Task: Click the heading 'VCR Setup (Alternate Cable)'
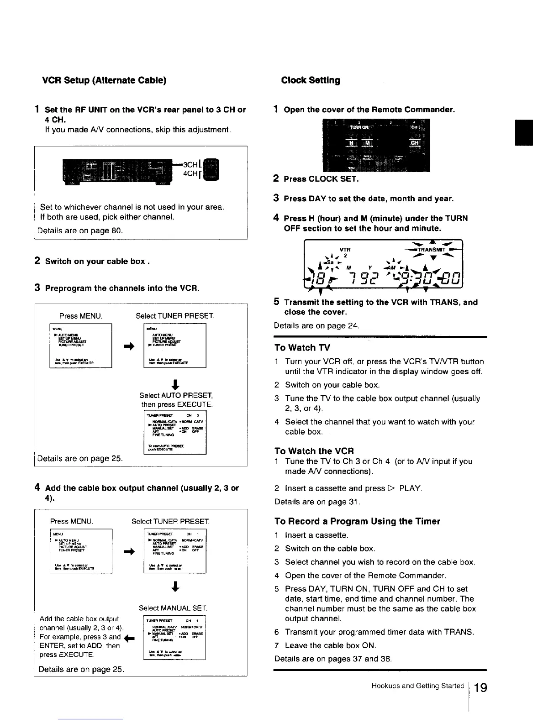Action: [x=104, y=80]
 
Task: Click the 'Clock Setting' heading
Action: [x=311, y=80]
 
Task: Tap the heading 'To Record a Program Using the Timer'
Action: [x=357, y=521]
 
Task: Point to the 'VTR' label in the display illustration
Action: [x=345, y=250]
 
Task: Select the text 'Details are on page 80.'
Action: [x=80, y=231]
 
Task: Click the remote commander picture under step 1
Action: [x=376, y=145]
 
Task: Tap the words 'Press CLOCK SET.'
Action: [x=321, y=179]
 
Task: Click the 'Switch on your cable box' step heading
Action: [x=95, y=262]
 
